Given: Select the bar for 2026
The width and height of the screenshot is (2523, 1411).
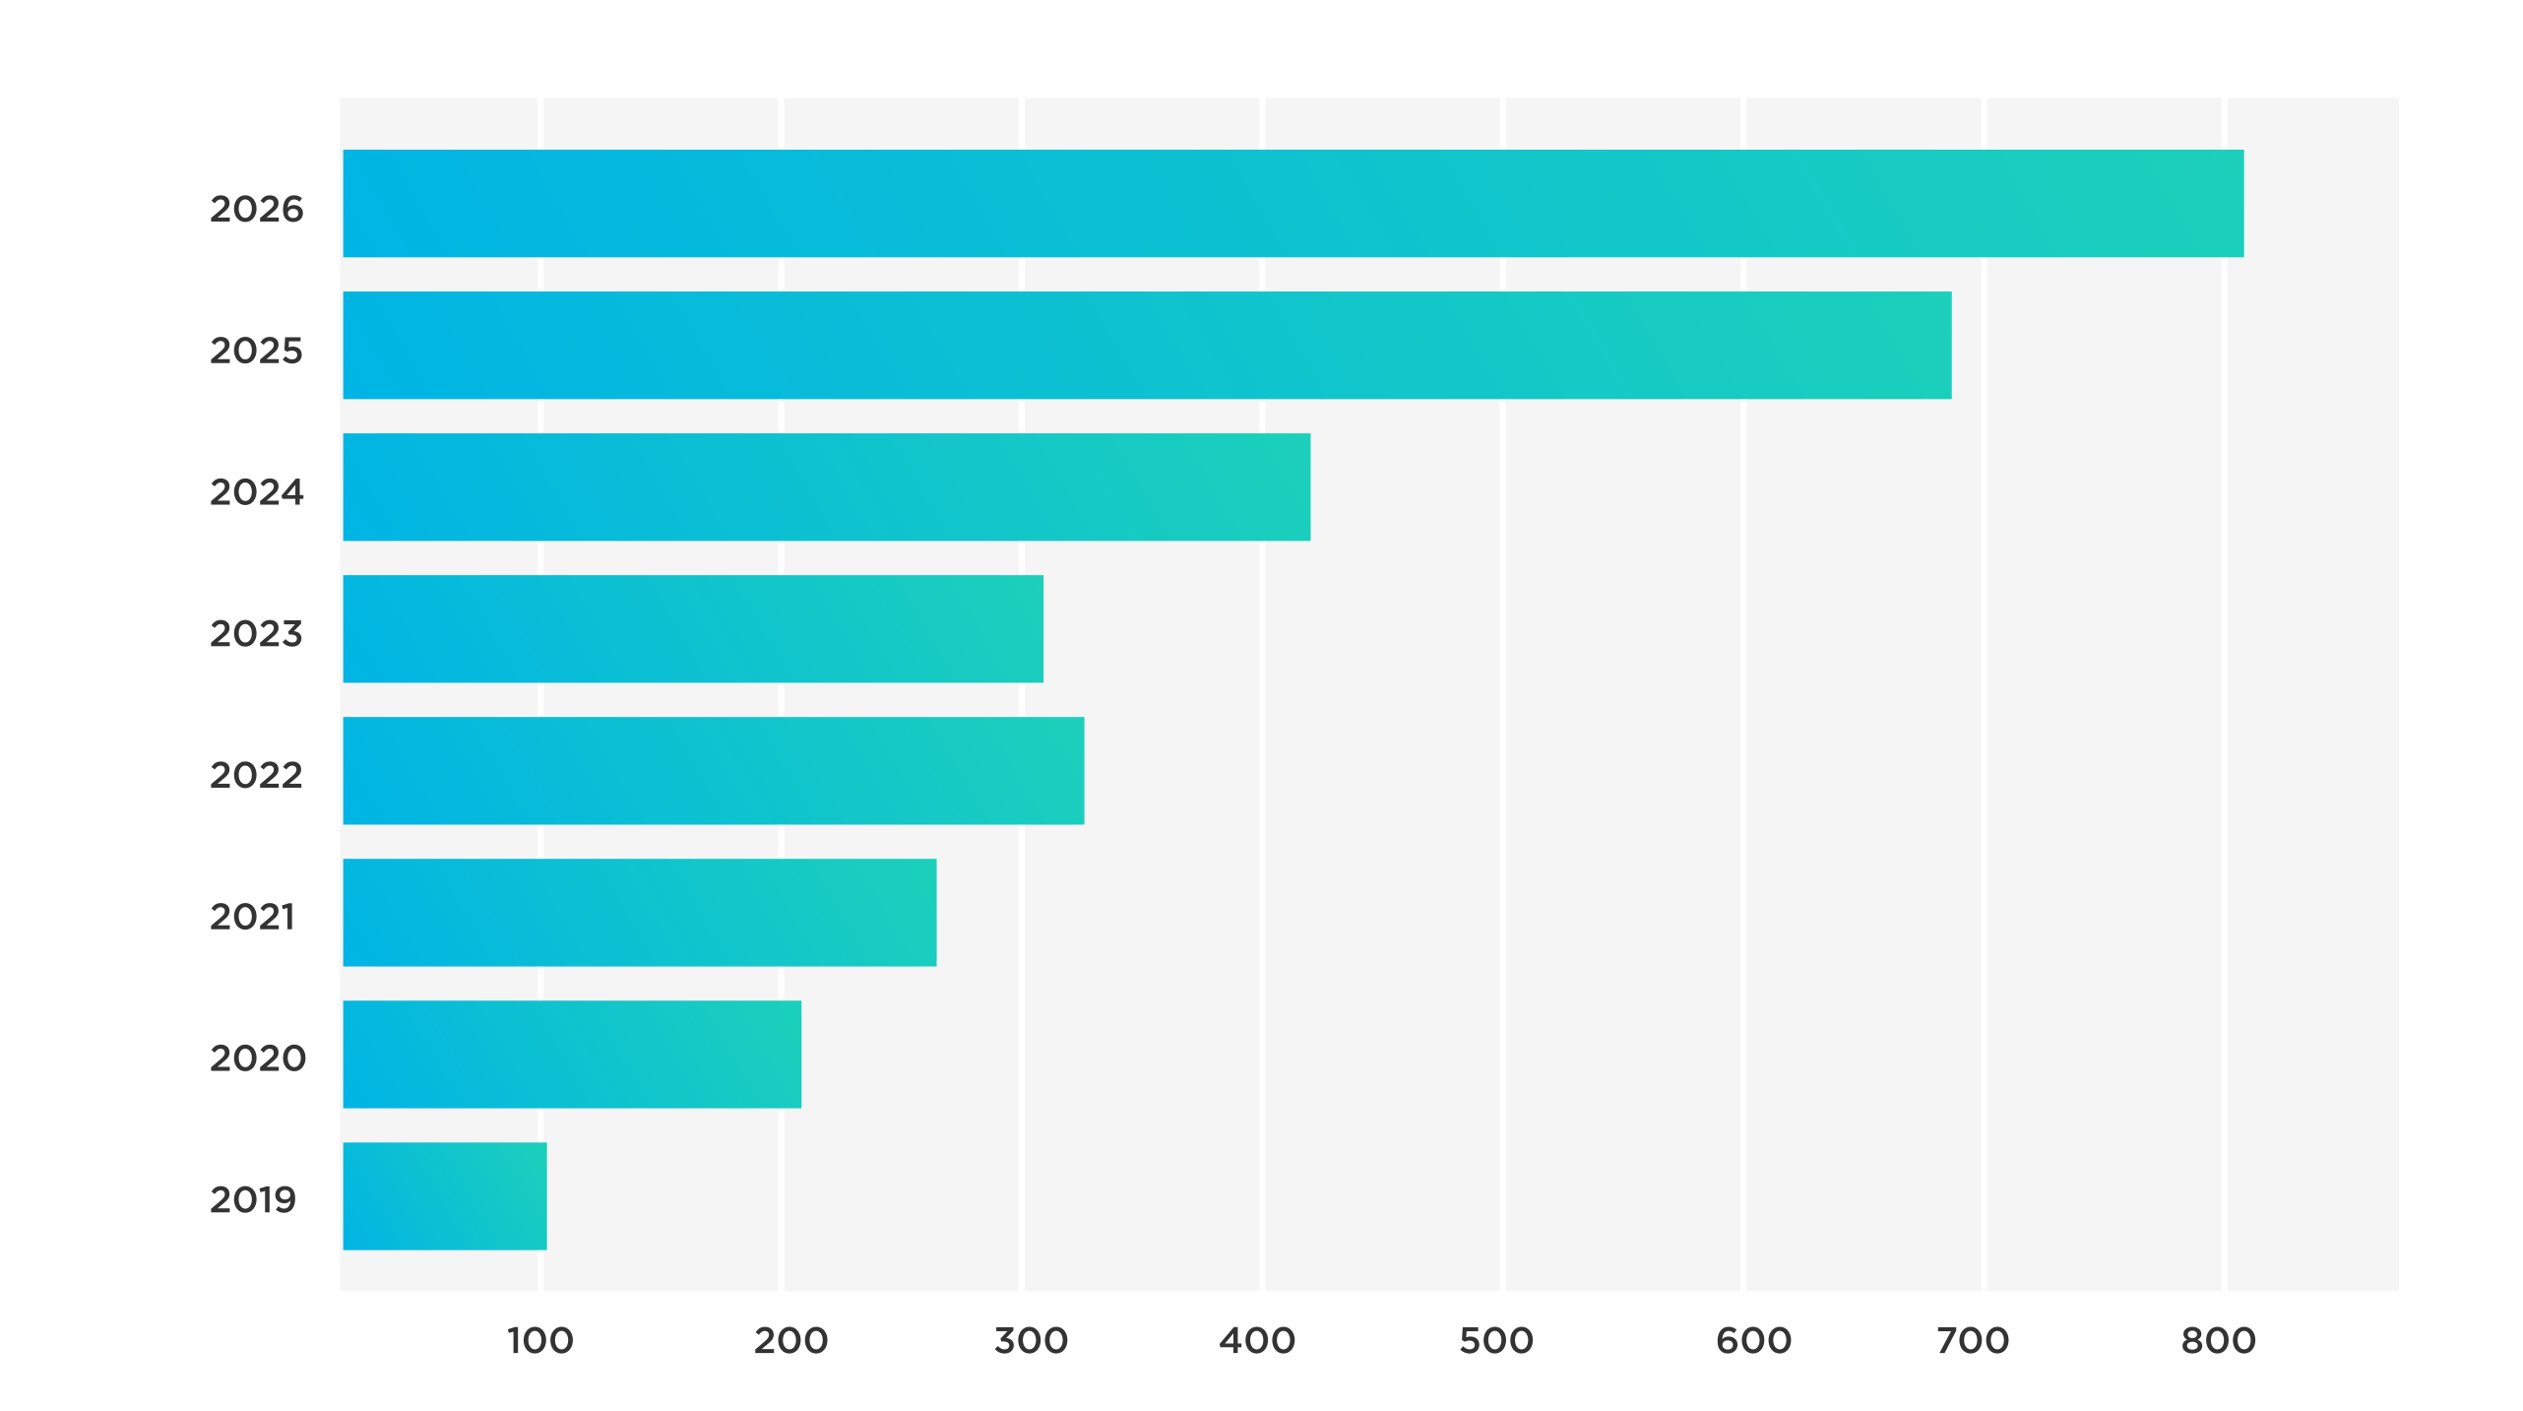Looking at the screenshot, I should click(1293, 204).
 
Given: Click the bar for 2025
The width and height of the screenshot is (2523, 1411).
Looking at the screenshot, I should click(1147, 346).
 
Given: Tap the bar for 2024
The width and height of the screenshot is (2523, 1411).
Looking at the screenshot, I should click(826, 487).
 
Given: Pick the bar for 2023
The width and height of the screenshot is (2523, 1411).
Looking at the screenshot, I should click(692, 629).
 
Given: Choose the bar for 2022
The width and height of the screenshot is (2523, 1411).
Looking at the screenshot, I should click(713, 771).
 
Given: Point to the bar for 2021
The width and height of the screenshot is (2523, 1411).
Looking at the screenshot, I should click(639, 913).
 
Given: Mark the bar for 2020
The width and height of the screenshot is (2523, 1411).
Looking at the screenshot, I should click(571, 1055).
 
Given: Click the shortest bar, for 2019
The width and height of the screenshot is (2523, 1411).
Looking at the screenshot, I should click(444, 1196).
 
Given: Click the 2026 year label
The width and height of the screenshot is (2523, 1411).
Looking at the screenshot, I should click(256, 210).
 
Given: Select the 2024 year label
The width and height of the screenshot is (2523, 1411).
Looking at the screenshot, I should click(256, 492).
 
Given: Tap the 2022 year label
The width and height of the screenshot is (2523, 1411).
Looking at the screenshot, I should click(256, 776).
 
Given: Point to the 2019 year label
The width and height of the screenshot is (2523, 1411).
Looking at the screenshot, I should click(252, 1200).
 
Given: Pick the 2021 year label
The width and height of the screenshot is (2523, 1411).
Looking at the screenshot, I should click(252, 918).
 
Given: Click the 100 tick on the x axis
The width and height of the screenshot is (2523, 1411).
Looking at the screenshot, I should click(539, 1341).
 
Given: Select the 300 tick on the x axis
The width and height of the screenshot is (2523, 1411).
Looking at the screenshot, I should click(1030, 1341).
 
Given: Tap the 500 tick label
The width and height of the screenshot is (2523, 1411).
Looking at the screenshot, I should click(1496, 1341).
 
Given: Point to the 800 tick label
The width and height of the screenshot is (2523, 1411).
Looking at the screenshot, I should click(2218, 1341).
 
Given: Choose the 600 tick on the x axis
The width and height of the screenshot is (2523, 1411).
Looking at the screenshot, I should click(1753, 1341).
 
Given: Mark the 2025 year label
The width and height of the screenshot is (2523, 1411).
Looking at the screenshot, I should click(256, 352).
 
